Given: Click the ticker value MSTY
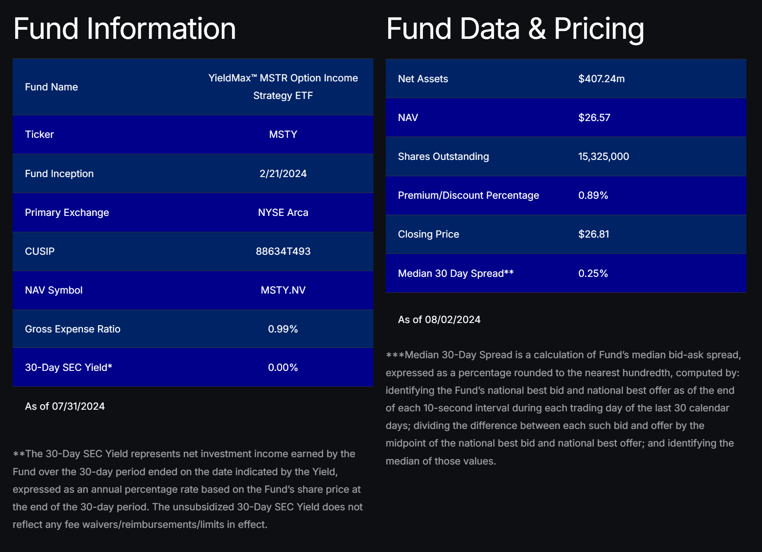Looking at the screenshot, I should pos(283,135).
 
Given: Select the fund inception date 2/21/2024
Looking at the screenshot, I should pos(283,174).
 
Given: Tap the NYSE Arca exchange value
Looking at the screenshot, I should pos(283,213).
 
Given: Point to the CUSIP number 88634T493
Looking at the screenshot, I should pos(283,251).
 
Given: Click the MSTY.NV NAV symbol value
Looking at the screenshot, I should pos(283,290).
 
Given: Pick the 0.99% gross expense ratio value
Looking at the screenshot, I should pos(283,329).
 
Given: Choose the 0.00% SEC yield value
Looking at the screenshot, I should pos(283,368).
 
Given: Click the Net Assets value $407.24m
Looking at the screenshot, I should pos(601,79).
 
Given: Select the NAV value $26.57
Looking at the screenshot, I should pos(594,118).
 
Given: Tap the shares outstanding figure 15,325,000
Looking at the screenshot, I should pos(603,157).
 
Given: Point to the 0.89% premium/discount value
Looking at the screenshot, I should pos(593,195).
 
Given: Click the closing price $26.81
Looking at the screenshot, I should pos(593,234).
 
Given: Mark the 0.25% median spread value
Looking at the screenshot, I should pos(593,274).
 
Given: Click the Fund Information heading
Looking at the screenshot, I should pos(125,29).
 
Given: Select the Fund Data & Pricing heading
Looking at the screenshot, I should pos(515,29).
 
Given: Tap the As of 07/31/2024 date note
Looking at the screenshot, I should pos(65,406).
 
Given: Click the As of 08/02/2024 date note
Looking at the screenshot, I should pos(439,320).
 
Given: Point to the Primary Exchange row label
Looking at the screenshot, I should pos(67,213).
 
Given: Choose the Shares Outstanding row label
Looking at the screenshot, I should pos(443,157).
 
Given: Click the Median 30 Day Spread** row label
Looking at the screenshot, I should pos(456,274).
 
